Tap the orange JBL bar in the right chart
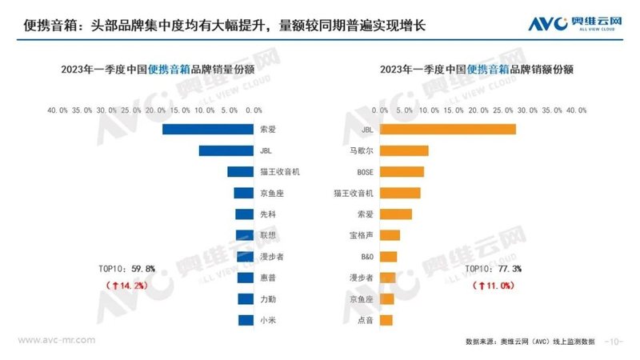[448, 129]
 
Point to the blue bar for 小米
[246, 320]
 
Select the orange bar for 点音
[386, 320]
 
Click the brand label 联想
[268, 235]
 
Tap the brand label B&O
[365, 257]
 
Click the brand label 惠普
[268, 278]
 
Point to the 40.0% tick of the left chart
[58, 109]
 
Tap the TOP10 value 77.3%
[506, 269]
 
